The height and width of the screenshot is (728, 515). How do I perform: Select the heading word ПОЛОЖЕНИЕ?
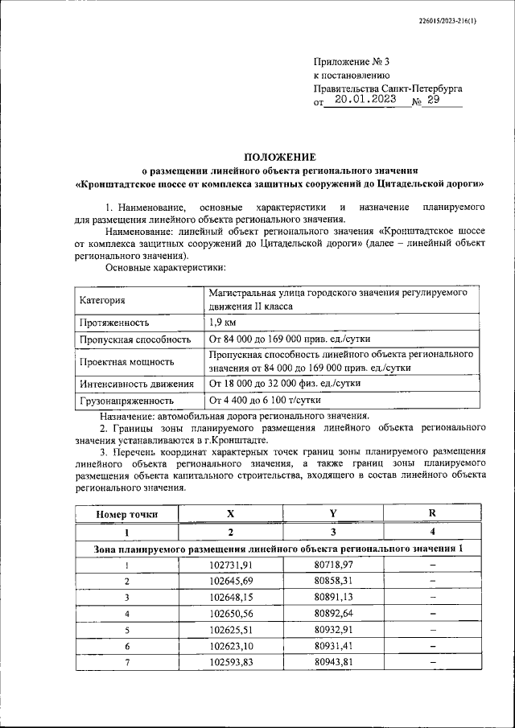pyautogui.click(x=280, y=157)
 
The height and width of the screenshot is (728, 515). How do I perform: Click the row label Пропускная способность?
pyautogui.click(x=134, y=339)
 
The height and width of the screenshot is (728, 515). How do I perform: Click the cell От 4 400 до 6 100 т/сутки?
pyautogui.click(x=265, y=399)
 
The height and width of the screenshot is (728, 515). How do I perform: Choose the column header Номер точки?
pyautogui.click(x=126, y=514)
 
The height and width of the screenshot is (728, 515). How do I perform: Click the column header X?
pyautogui.click(x=231, y=514)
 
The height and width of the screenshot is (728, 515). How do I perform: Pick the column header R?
pyautogui.click(x=432, y=514)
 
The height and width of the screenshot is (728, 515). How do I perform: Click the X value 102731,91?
pyautogui.click(x=231, y=566)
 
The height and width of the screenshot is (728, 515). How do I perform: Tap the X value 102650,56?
pyautogui.click(x=231, y=614)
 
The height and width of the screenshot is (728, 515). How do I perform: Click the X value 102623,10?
pyautogui.click(x=231, y=646)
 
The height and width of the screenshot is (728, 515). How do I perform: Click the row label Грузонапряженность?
pyautogui.click(x=126, y=400)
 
